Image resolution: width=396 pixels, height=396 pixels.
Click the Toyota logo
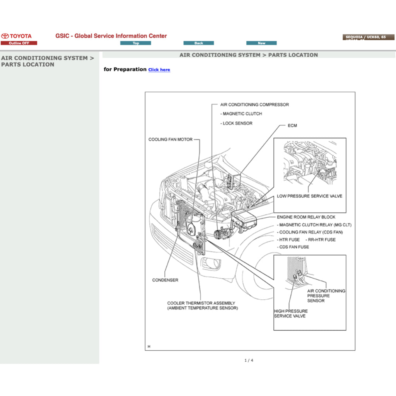coord(16,36)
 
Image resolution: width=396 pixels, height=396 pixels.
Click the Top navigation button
coord(136,43)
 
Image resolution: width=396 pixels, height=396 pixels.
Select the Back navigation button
coord(198,43)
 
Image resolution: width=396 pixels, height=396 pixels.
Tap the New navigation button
coord(261,43)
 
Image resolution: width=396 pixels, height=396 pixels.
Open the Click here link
coord(159,70)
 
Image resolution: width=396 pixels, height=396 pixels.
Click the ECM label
coord(292,126)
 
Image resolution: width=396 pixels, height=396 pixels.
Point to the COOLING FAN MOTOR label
coord(170,140)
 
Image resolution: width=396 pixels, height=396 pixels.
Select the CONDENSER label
coord(165,280)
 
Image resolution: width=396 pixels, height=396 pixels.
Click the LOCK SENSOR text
coord(237,123)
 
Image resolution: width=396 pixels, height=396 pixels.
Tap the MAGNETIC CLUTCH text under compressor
coord(242,114)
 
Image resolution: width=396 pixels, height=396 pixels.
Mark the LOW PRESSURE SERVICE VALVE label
coord(309,196)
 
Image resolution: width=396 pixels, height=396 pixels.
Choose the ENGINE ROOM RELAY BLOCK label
coord(306,217)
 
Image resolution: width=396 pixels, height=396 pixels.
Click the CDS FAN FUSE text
coord(294,247)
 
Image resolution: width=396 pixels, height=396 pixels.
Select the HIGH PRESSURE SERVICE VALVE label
coord(290,313)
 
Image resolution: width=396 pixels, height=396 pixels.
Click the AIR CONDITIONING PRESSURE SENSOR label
coord(326,295)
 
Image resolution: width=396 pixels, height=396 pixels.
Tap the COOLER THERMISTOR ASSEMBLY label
coord(201,303)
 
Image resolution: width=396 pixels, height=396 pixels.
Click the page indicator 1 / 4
coord(249,360)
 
